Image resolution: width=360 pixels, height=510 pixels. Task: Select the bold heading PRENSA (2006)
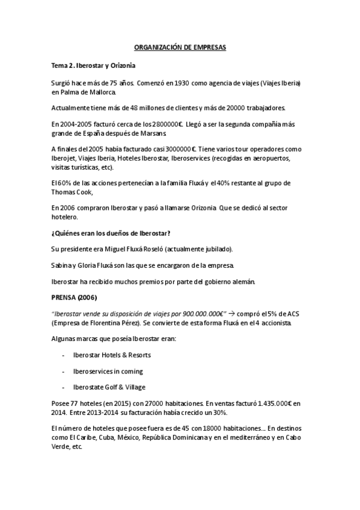point(75,297)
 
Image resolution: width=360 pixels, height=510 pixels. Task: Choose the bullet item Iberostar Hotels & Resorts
point(111,355)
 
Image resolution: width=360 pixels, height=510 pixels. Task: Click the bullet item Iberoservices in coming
point(107,371)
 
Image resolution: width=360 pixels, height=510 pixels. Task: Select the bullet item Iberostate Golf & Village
point(108,387)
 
